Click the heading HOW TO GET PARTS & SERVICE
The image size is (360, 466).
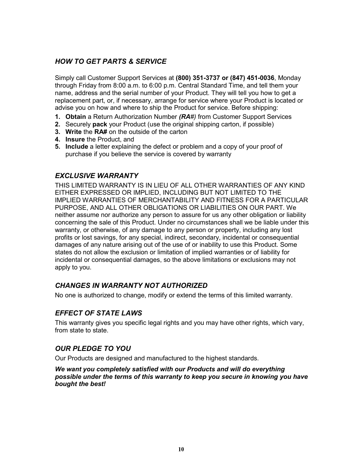click(x=111, y=62)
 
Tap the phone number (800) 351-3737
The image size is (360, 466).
click(x=198, y=78)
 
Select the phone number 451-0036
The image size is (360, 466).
click(x=260, y=78)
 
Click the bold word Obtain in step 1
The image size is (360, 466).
click(x=75, y=117)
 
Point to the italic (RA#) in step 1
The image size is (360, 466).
click(x=188, y=117)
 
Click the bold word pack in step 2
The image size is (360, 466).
click(x=100, y=125)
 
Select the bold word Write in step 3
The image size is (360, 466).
click(x=73, y=132)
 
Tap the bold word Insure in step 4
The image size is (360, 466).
click(x=75, y=139)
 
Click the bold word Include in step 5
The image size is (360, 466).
click(x=77, y=147)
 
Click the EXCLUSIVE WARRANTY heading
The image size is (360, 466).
click(x=97, y=176)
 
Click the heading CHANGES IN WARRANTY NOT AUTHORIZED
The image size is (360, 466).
click(x=131, y=286)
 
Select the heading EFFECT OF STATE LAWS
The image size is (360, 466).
click(x=98, y=313)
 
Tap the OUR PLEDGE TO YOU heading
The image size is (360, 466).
click(x=93, y=349)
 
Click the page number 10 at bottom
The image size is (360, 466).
click(x=181, y=449)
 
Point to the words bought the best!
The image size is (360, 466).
click(x=80, y=384)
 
